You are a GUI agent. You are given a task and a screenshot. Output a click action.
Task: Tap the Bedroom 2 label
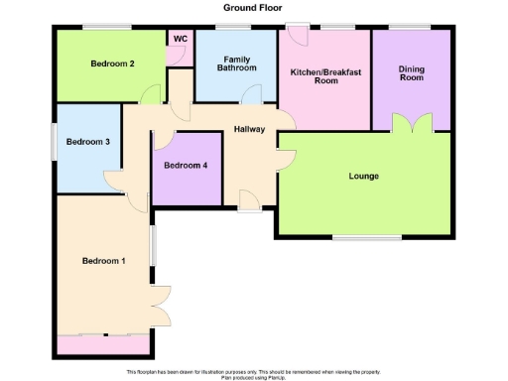point(112,64)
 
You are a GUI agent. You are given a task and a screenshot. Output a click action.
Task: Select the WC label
point(180,39)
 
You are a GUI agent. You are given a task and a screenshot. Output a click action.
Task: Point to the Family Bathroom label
point(237,63)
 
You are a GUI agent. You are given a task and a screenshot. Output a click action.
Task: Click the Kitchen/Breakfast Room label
point(324,76)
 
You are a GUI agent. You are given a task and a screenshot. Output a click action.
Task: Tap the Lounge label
point(363,177)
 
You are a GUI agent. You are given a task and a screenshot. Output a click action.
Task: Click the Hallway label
point(248,130)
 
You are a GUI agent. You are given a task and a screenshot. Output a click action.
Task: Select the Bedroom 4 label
point(186,166)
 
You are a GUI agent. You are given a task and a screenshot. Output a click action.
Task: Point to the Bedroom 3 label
point(87,142)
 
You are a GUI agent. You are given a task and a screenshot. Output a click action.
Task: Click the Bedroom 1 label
point(103,261)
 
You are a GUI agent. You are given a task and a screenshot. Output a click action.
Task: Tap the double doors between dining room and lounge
point(411,124)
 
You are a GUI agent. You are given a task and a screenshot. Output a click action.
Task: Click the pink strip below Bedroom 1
point(104,344)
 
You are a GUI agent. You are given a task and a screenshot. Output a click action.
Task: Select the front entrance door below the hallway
point(250,201)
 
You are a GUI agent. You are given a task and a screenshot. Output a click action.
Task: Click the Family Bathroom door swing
point(252,94)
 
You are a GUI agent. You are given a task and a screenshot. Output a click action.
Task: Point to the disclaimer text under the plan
point(253,373)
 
